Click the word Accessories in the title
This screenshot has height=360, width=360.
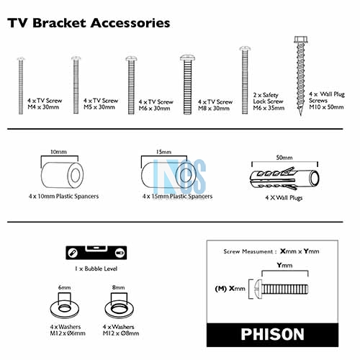click(x=130, y=23)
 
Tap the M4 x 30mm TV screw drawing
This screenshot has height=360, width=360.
click(x=21, y=86)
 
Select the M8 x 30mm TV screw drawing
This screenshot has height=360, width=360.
click(x=187, y=84)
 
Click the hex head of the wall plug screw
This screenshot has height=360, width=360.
click(x=301, y=40)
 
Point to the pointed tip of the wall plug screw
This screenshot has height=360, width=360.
click(x=301, y=115)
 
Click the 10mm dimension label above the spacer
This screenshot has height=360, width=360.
click(x=58, y=152)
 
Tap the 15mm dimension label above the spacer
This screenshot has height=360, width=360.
click(x=163, y=152)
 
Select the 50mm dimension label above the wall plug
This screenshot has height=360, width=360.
click(x=284, y=158)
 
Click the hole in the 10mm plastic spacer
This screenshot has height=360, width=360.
click(x=75, y=175)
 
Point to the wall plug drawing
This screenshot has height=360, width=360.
click(x=284, y=178)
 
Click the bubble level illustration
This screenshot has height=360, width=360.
click(x=96, y=253)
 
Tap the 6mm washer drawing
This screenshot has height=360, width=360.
click(x=65, y=308)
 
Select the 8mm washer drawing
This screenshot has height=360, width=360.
click(x=119, y=308)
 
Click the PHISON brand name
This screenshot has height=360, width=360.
click(x=272, y=334)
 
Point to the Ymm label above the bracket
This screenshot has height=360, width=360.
click(x=284, y=265)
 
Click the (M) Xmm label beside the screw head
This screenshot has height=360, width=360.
click(x=230, y=289)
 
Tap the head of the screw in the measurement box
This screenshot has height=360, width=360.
click(x=258, y=289)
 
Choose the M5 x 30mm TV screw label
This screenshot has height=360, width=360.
click(x=101, y=104)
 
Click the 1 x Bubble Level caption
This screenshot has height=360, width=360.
click(x=96, y=269)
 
